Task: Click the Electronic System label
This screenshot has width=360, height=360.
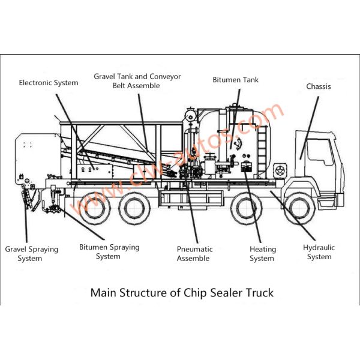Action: [49, 83]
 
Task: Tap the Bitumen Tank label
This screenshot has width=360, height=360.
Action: [236, 80]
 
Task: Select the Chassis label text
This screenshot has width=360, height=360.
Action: [319, 86]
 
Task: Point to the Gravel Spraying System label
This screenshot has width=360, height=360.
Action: [31, 254]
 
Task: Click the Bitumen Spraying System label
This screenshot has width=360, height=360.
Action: [109, 251]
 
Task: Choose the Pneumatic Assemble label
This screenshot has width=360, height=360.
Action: [194, 254]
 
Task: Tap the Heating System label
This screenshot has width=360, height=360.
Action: [263, 254]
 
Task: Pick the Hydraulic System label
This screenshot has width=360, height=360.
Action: [319, 252]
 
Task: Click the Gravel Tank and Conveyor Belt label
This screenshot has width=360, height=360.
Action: [137, 81]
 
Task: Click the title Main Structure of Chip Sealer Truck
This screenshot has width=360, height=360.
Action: [182, 293]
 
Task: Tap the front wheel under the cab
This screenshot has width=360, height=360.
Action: [300, 208]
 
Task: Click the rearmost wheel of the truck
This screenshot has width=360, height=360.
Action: [95, 208]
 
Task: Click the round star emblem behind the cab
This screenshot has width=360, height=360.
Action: [280, 171]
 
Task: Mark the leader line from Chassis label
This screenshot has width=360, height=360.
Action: [309, 128]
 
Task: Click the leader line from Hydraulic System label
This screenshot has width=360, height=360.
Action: [293, 215]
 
